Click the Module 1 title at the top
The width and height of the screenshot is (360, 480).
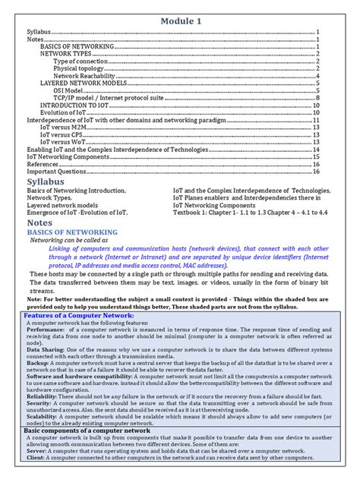click(x=180, y=21)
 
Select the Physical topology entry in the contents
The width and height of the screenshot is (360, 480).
click(x=79, y=68)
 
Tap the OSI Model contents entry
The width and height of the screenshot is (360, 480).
click(x=70, y=90)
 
